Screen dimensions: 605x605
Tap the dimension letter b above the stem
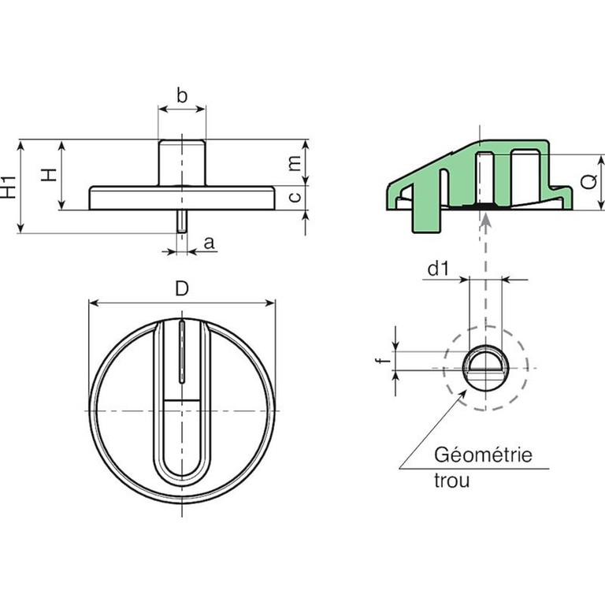181,97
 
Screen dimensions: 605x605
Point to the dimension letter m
294,163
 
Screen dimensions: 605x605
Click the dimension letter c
294,198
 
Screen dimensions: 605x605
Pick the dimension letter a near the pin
209,243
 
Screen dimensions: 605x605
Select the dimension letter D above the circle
182,289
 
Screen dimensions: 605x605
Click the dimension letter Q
587,182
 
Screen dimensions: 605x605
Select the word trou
451,480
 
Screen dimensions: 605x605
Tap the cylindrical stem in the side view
182,162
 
